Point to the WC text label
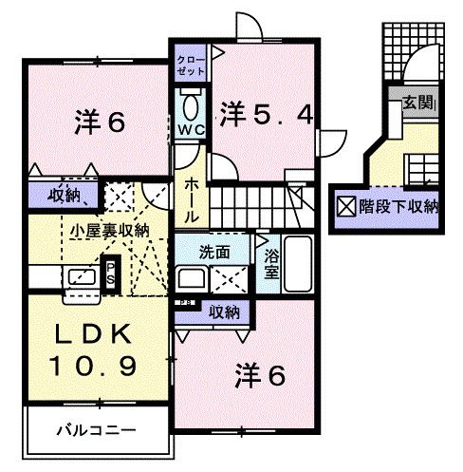190,129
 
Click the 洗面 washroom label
214,254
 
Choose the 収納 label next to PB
224,311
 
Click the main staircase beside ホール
247,201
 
